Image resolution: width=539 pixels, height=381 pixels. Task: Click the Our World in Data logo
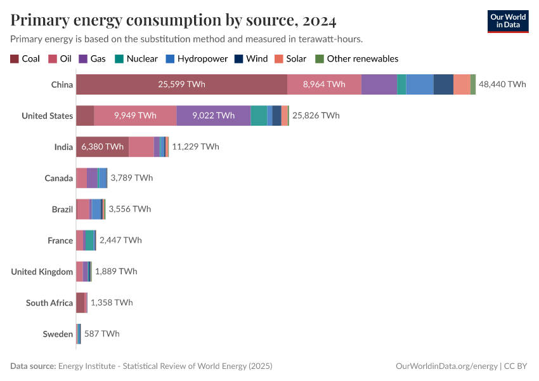[x=508, y=21]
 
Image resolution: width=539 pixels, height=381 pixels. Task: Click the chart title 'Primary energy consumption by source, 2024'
[x=173, y=20]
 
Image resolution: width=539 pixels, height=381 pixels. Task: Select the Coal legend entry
[x=25, y=58]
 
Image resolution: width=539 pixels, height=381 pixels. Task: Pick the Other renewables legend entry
[x=356, y=58]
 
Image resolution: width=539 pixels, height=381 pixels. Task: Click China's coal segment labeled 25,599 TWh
[x=181, y=84]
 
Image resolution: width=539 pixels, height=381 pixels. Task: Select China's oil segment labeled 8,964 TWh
[x=324, y=84]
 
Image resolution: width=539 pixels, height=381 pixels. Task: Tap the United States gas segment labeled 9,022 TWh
[x=213, y=116]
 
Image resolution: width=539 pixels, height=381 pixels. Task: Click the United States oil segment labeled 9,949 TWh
[x=135, y=116]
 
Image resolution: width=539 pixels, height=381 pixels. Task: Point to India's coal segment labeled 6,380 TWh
[x=102, y=147]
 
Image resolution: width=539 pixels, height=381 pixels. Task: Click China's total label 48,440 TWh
[x=502, y=84]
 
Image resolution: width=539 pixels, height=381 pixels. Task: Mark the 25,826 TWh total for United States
[x=316, y=116]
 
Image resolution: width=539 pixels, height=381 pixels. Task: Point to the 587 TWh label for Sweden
[x=101, y=333]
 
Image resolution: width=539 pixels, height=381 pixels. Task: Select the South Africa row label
[x=49, y=303]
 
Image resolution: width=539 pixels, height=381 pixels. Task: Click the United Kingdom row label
[x=42, y=272]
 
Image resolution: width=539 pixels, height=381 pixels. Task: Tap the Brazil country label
[x=62, y=209]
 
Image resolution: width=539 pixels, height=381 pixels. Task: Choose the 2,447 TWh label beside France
[x=120, y=240]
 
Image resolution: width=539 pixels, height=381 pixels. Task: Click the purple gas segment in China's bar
[x=379, y=84]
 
